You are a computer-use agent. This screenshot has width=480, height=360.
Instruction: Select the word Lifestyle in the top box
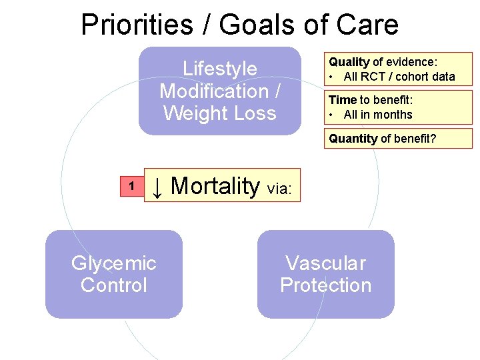point(220,69)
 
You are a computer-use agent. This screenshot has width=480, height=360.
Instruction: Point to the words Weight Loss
point(220,113)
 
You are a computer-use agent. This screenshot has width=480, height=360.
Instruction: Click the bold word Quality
point(349,62)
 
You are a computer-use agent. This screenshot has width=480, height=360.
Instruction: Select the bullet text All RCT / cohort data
point(399,77)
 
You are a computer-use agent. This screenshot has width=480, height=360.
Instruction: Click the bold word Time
point(343,100)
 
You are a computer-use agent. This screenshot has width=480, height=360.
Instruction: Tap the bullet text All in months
point(378,115)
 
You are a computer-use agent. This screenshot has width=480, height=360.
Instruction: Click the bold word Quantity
point(353,139)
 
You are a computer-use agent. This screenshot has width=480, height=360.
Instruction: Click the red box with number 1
point(132,187)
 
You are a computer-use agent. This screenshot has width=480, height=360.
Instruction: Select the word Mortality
point(215,186)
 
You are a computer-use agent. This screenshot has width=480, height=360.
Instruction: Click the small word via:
point(279,189)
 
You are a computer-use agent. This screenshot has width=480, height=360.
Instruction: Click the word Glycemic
point(114,263)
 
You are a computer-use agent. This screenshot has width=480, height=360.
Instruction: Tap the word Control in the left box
point(114,285)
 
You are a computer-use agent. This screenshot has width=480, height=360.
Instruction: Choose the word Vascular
point(326,263)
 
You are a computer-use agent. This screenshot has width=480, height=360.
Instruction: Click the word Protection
point(326,285)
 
